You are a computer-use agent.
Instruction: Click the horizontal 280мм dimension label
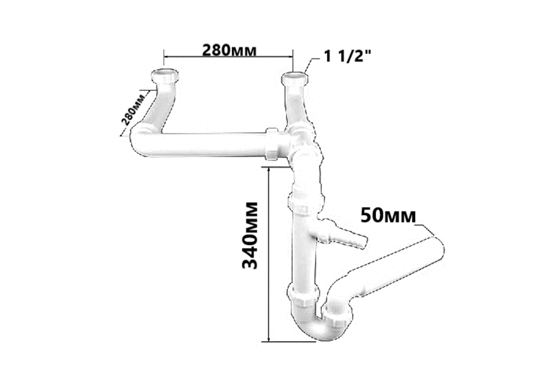pyautogui.click(x=229, y=50)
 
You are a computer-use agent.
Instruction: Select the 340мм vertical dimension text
pyautogui.click(x=250, y=235)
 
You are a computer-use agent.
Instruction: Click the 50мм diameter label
pyautogui.click(x=388, y=215)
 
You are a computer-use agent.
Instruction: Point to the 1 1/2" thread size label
pyautogui.click(x=348, y=56)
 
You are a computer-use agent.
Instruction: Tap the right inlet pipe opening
pyautogui.click(x=294, y=76)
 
